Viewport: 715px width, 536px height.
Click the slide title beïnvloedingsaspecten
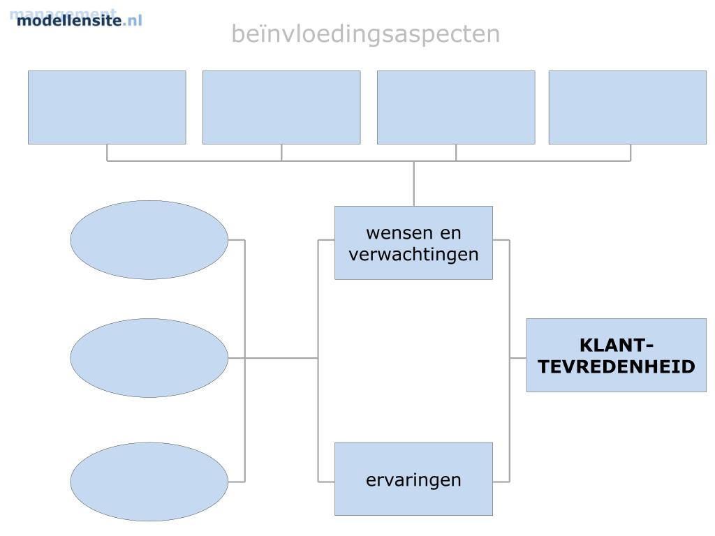tap(365, 33)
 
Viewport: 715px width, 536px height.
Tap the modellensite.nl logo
tap(78, 19)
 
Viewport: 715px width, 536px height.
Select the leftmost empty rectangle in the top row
tap(107, 107)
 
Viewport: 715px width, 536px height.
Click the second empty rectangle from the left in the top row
tap(281, 107)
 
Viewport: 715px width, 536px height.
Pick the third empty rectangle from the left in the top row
tap(456, 107)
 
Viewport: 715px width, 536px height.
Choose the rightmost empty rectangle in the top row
tap(627, 107)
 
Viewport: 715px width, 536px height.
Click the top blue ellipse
tap(149, 240)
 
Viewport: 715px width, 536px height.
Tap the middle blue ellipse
tap(149, 358)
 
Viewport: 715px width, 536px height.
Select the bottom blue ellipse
tap(149, 482)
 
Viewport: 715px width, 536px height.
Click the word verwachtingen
tap(413, 254)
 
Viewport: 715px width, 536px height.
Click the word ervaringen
tap(413, 480)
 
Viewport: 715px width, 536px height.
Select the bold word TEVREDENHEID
tap(617, 366)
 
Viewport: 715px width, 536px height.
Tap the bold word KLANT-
tap(617, 345)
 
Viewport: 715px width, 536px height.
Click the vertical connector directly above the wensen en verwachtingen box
tap(414, 184)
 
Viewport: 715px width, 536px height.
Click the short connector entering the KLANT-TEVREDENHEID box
tap(517, 358)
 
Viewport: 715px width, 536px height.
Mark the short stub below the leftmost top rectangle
tap(107, 152)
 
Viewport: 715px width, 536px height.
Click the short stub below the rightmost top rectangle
tap(631, 152)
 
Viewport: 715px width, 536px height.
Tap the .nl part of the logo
tap(132, 20)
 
